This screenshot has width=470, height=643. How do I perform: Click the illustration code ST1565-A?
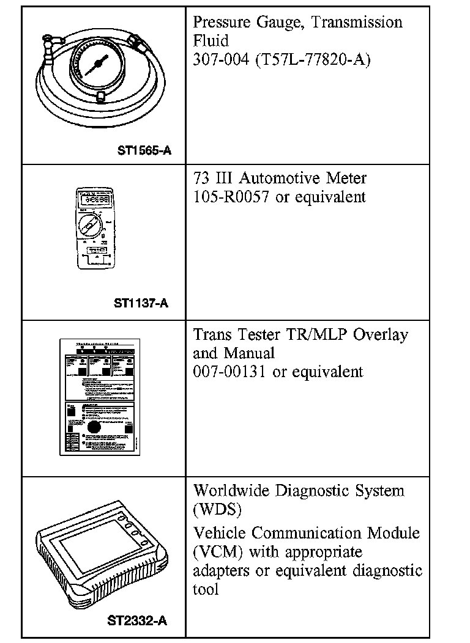pyautogui.click(x=144, y=149)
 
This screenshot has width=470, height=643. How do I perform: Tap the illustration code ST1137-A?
pyautogui.click(x=141, y=303)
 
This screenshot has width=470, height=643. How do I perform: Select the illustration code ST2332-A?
pyautogui.click(x=137, y=621)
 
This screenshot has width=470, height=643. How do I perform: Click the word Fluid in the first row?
pyautogui.click(x=211, y=42)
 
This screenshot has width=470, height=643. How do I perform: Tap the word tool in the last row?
pyautogui.click(x=206, y=589)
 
